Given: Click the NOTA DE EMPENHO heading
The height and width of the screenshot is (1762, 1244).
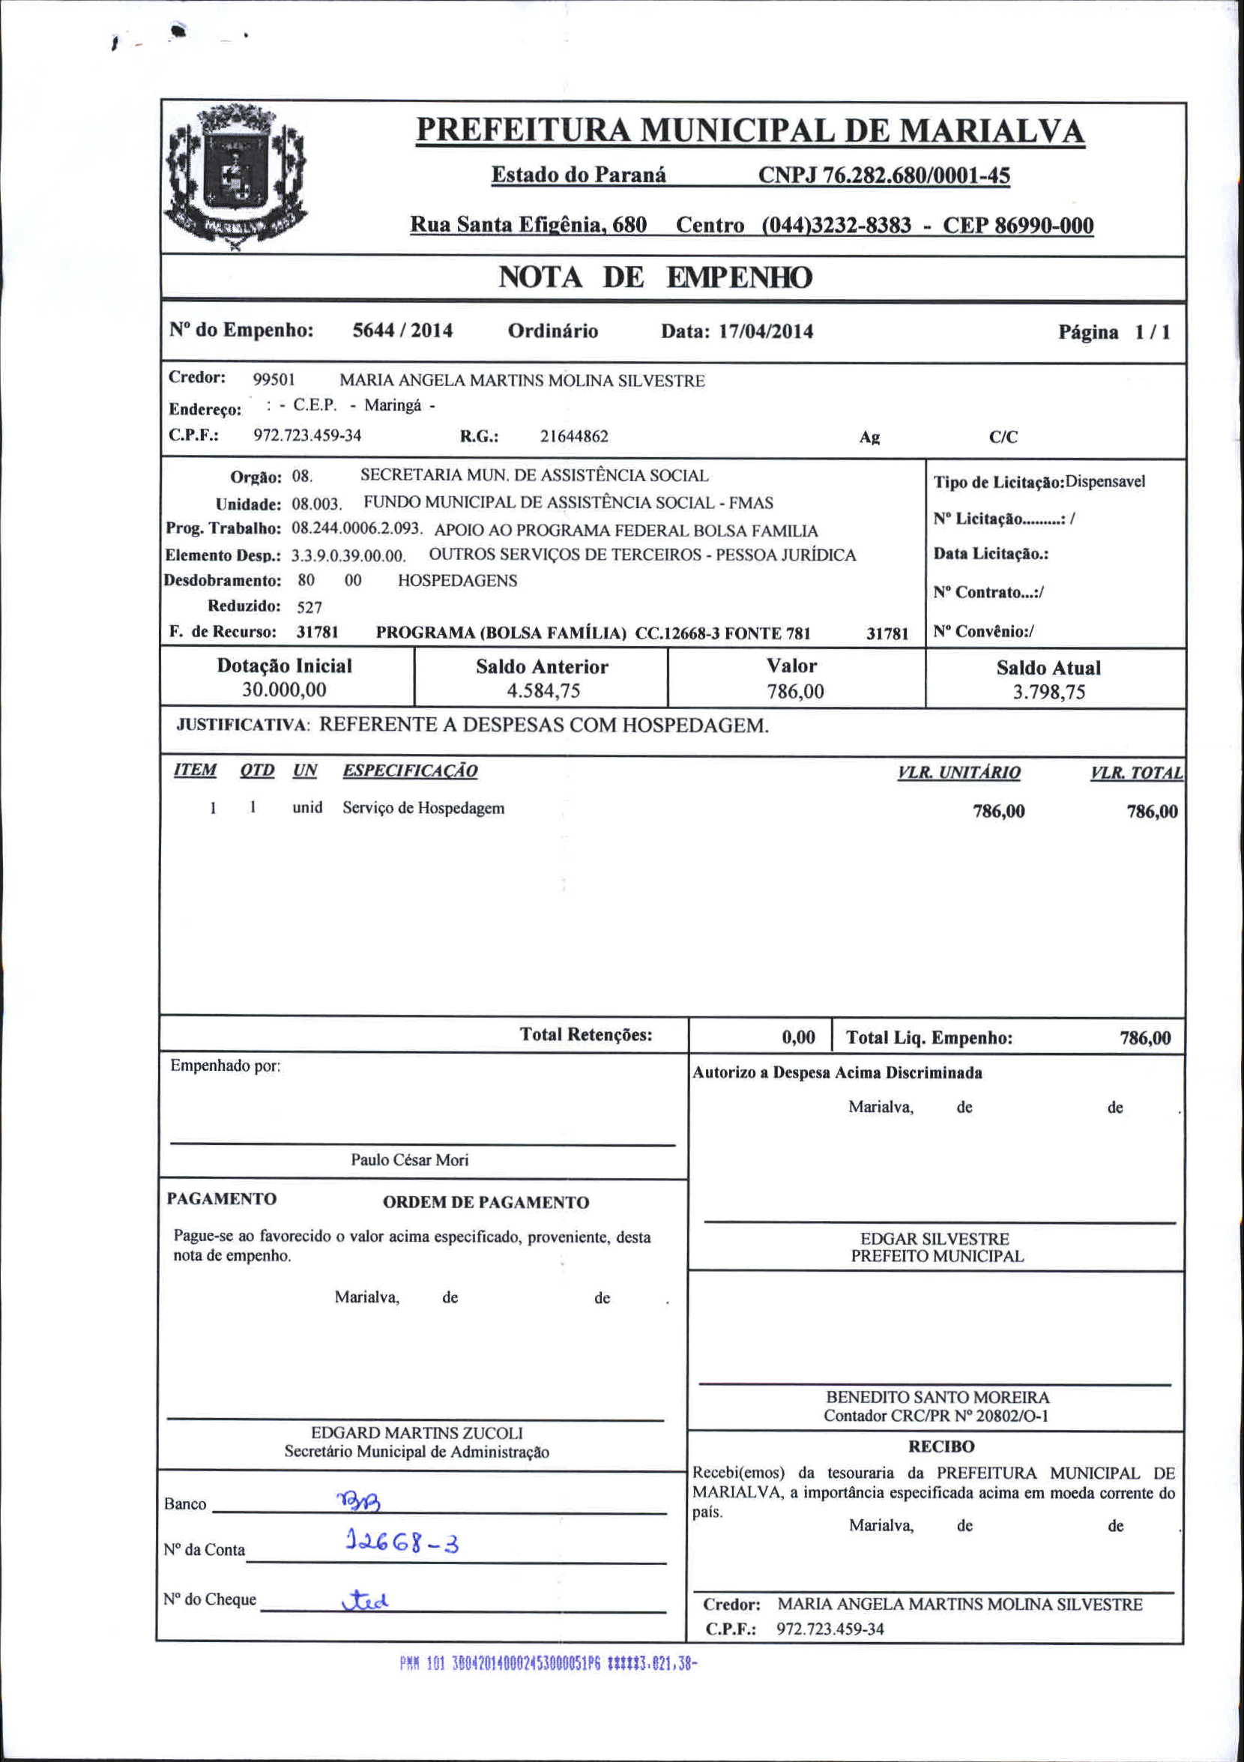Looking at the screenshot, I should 655,277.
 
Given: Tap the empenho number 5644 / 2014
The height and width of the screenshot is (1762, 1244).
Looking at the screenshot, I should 402,331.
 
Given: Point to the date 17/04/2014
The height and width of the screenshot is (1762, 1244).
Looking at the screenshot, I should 765,331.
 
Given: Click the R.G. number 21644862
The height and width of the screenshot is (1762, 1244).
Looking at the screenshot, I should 574,437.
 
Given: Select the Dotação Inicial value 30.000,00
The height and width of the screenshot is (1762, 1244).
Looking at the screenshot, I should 284,690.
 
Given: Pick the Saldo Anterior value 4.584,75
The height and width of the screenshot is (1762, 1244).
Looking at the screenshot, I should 543,691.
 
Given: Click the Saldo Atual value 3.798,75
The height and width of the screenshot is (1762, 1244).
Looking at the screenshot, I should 1048,693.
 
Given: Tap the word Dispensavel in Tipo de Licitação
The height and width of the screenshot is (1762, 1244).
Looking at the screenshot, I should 1105,482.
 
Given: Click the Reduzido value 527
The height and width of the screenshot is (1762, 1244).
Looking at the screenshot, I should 310,607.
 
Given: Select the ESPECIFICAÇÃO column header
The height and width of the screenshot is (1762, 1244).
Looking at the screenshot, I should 410,770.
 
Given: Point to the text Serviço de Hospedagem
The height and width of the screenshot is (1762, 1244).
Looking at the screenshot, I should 423,808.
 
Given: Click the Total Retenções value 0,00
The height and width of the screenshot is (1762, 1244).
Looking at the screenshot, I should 798,1037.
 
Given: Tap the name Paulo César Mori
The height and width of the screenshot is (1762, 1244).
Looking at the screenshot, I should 410,1159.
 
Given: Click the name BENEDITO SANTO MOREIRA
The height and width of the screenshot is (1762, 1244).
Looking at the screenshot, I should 937,1397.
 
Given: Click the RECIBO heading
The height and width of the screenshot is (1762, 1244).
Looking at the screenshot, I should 940,1446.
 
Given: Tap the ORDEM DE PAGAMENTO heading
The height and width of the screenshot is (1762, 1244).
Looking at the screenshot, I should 486,1203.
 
